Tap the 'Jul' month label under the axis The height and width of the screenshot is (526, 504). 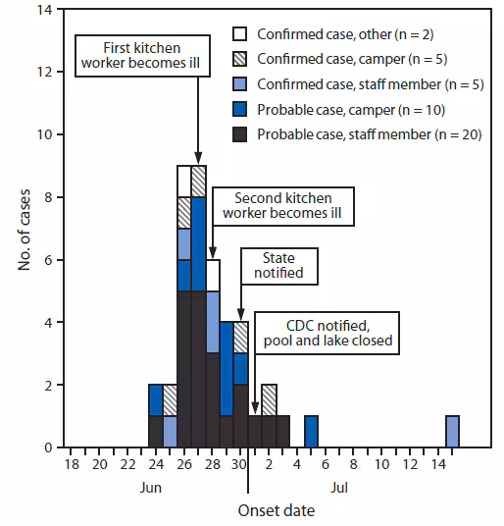[337, 486]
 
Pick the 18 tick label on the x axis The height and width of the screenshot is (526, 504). [71, 464]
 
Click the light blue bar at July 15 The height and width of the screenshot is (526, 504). [452, 432]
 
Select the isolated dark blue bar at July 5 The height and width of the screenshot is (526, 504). [311, 432]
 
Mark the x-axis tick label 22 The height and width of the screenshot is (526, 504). [126, 464]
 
